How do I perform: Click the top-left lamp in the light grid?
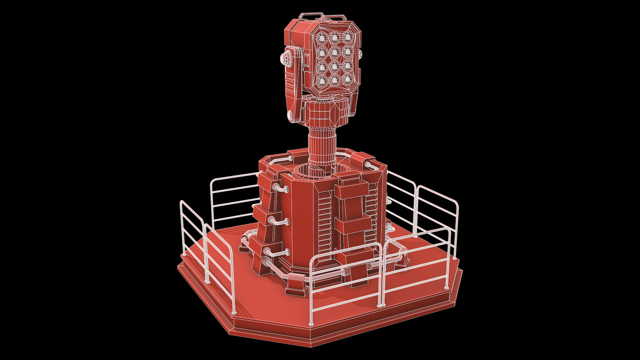click(322, 38)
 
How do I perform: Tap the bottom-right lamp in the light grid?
click(347, 79)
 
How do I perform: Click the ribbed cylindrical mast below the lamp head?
click(321, 147)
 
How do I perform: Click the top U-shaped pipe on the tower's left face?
click(281, 188)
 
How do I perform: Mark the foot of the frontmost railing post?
click(311, 324)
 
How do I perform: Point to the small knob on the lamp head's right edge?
click(361, 54)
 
